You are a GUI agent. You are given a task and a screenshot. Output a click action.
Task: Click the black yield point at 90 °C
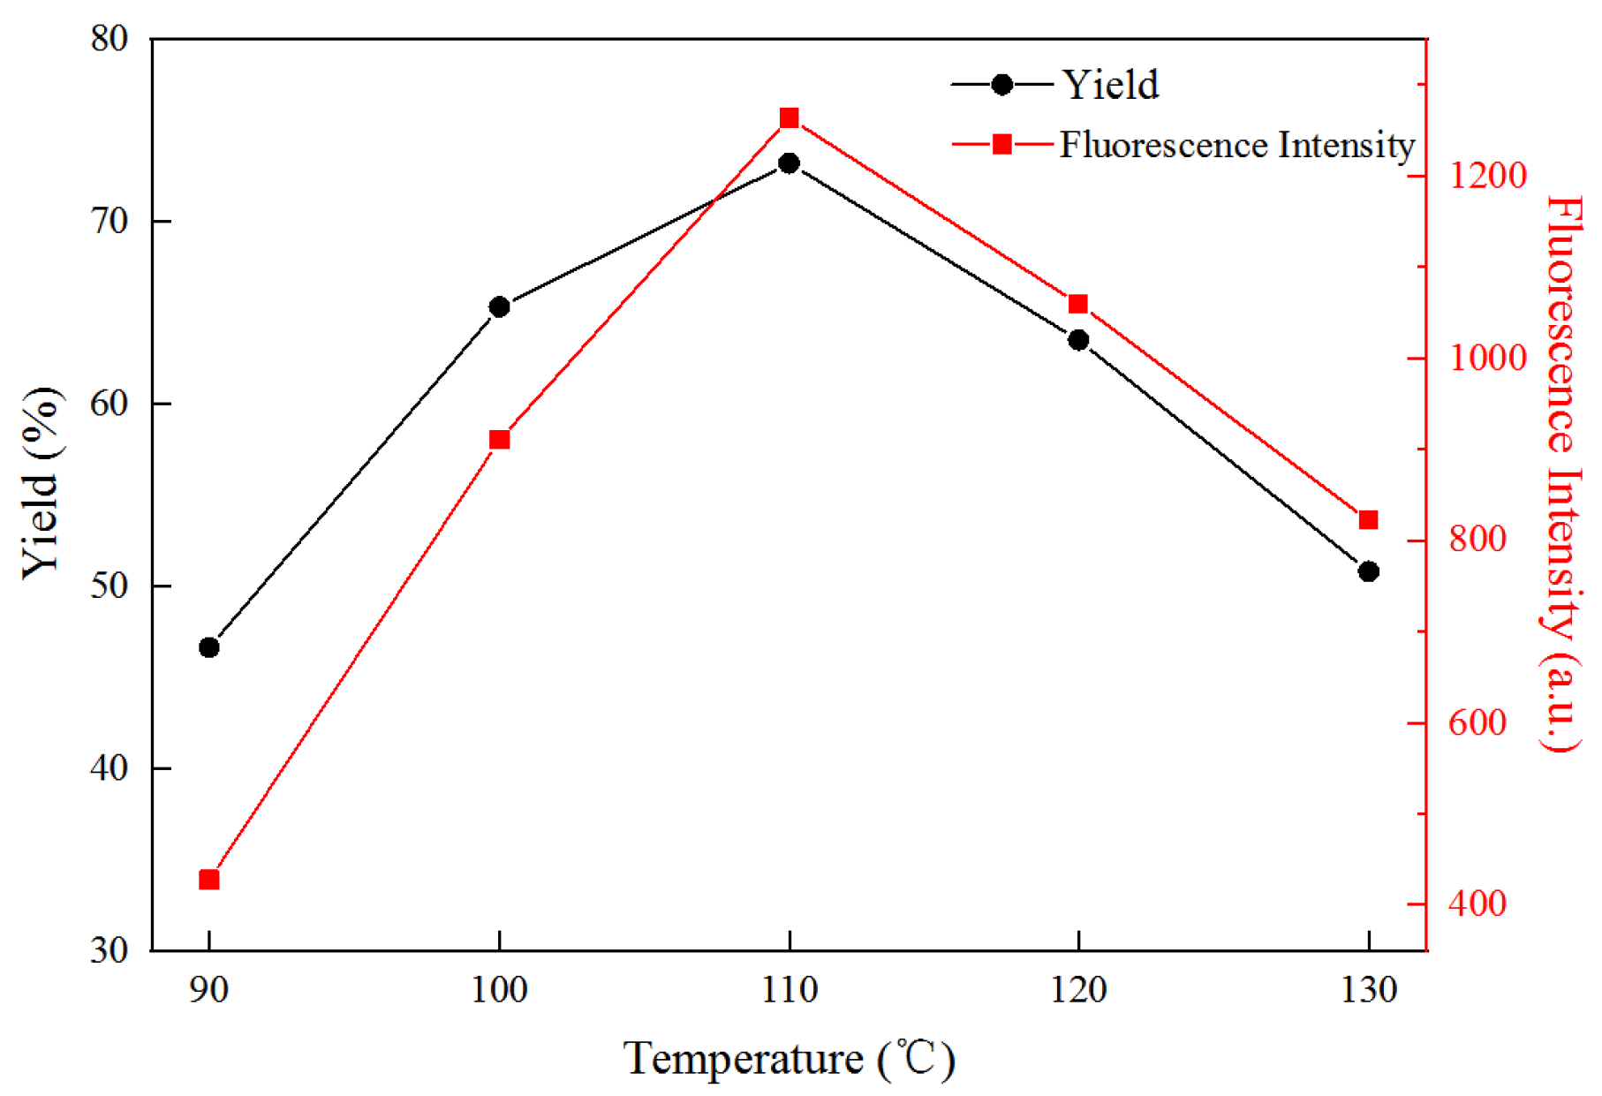209,647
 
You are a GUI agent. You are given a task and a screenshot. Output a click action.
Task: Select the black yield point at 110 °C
790,163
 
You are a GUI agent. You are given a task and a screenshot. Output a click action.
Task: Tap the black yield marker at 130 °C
1369,571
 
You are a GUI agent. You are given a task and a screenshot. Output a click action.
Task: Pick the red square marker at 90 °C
209,880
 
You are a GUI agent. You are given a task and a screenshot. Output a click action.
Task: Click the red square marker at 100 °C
500,440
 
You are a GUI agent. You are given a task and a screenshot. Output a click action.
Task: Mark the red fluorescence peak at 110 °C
790,118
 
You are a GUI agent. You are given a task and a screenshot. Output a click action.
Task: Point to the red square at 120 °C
1078,305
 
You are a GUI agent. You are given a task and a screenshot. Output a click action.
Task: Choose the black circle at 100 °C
500,307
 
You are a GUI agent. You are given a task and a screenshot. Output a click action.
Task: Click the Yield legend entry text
1110,85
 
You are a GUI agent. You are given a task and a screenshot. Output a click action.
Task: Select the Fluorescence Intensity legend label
1236,145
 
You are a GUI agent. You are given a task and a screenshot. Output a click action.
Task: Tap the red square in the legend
1002,144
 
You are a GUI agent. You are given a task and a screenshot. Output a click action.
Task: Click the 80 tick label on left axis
110,39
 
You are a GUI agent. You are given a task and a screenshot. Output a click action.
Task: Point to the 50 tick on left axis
110,586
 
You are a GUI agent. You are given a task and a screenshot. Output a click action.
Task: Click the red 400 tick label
1477,903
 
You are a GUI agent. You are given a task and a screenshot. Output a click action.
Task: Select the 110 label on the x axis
790,990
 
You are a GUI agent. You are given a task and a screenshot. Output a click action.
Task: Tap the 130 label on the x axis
1369,990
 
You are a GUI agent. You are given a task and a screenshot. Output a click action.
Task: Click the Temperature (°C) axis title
790,1059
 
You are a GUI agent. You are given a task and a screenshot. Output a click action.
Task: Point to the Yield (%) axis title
41,482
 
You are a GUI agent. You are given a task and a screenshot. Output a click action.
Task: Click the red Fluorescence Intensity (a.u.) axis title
1560,472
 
